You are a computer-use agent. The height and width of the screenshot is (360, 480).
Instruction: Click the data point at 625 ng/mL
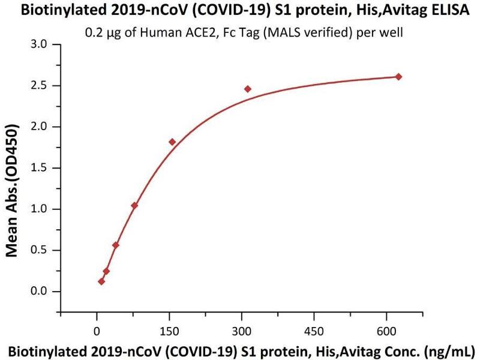tap(398, 77)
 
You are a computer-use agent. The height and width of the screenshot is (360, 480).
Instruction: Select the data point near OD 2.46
tap(248, 89)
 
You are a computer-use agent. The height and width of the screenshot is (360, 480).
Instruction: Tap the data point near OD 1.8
tap(172, 142)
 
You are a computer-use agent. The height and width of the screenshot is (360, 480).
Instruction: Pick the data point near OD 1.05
tap(134, 206)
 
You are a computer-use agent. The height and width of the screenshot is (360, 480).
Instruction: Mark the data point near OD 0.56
tap(116, 245)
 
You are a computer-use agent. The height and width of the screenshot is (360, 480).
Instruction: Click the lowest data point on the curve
tap(101, 281)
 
